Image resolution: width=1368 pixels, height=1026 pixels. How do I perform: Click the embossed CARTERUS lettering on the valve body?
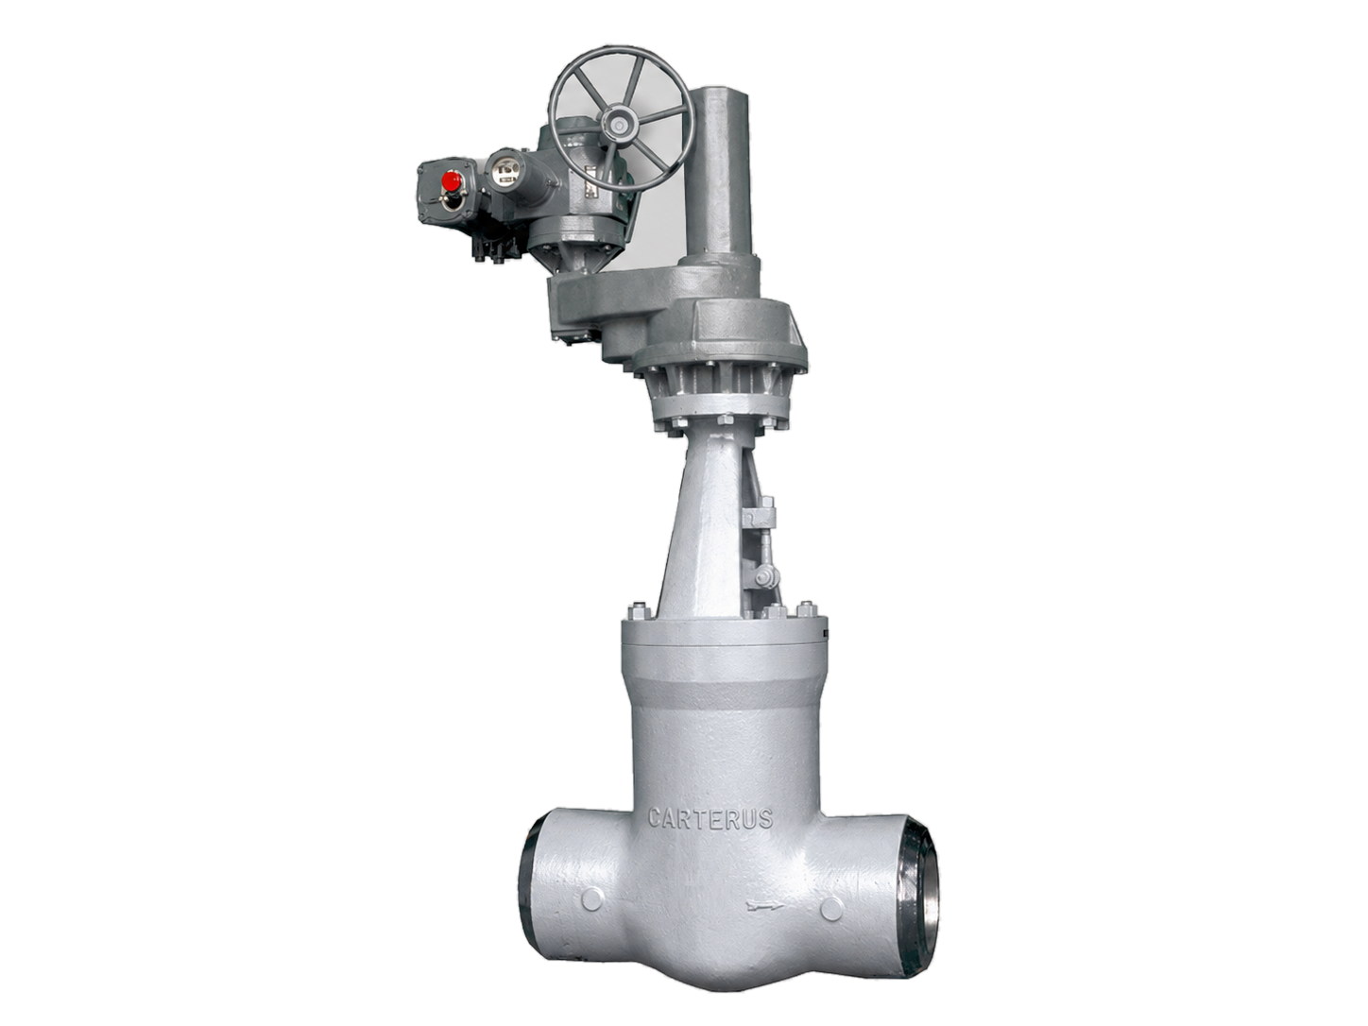pyautogui.click(x=710, y=817)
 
